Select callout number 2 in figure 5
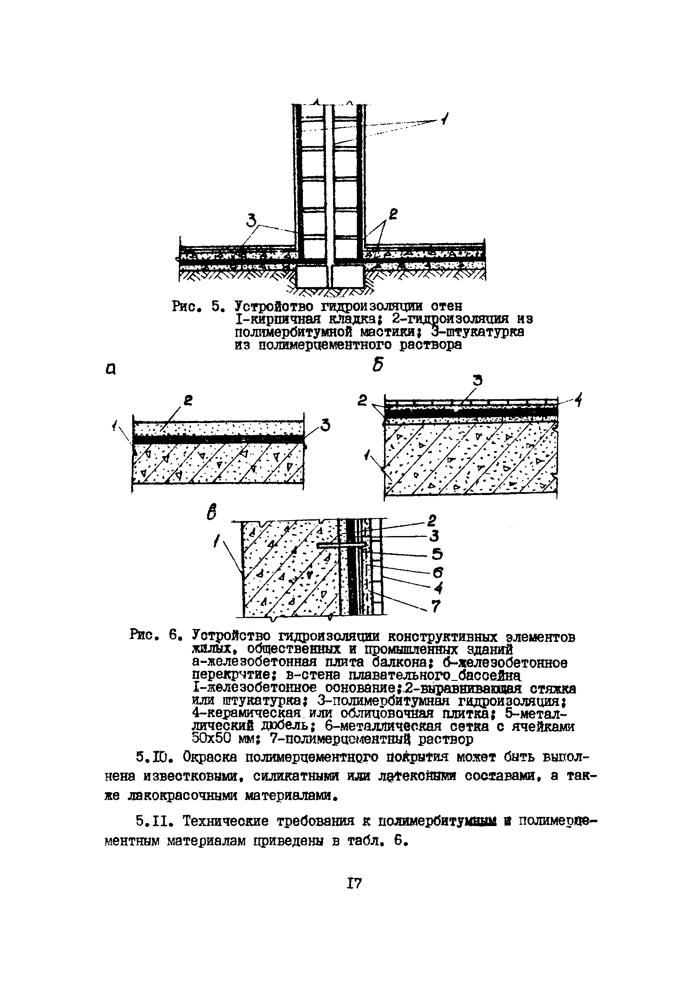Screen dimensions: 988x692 [x=393, y=214]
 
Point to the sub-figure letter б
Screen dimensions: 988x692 [x=378, y=365]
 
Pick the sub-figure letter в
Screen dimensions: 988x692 [x=212, y=512]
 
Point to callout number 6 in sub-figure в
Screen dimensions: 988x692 [x=437, y=572]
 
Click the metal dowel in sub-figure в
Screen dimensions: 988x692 [x=342, y=545]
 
